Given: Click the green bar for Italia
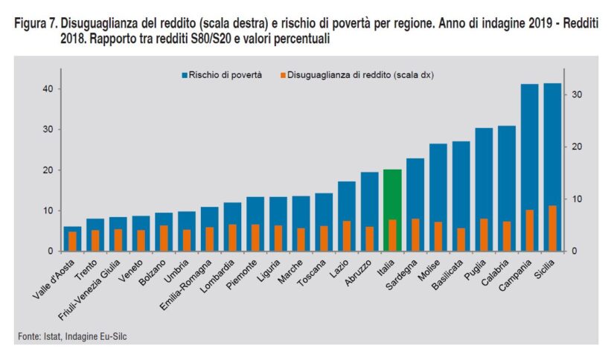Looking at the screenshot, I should (392, 193).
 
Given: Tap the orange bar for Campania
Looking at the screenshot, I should (529, 231).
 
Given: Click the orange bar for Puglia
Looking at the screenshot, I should (484, 235).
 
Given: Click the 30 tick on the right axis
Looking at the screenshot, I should (576, 94).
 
